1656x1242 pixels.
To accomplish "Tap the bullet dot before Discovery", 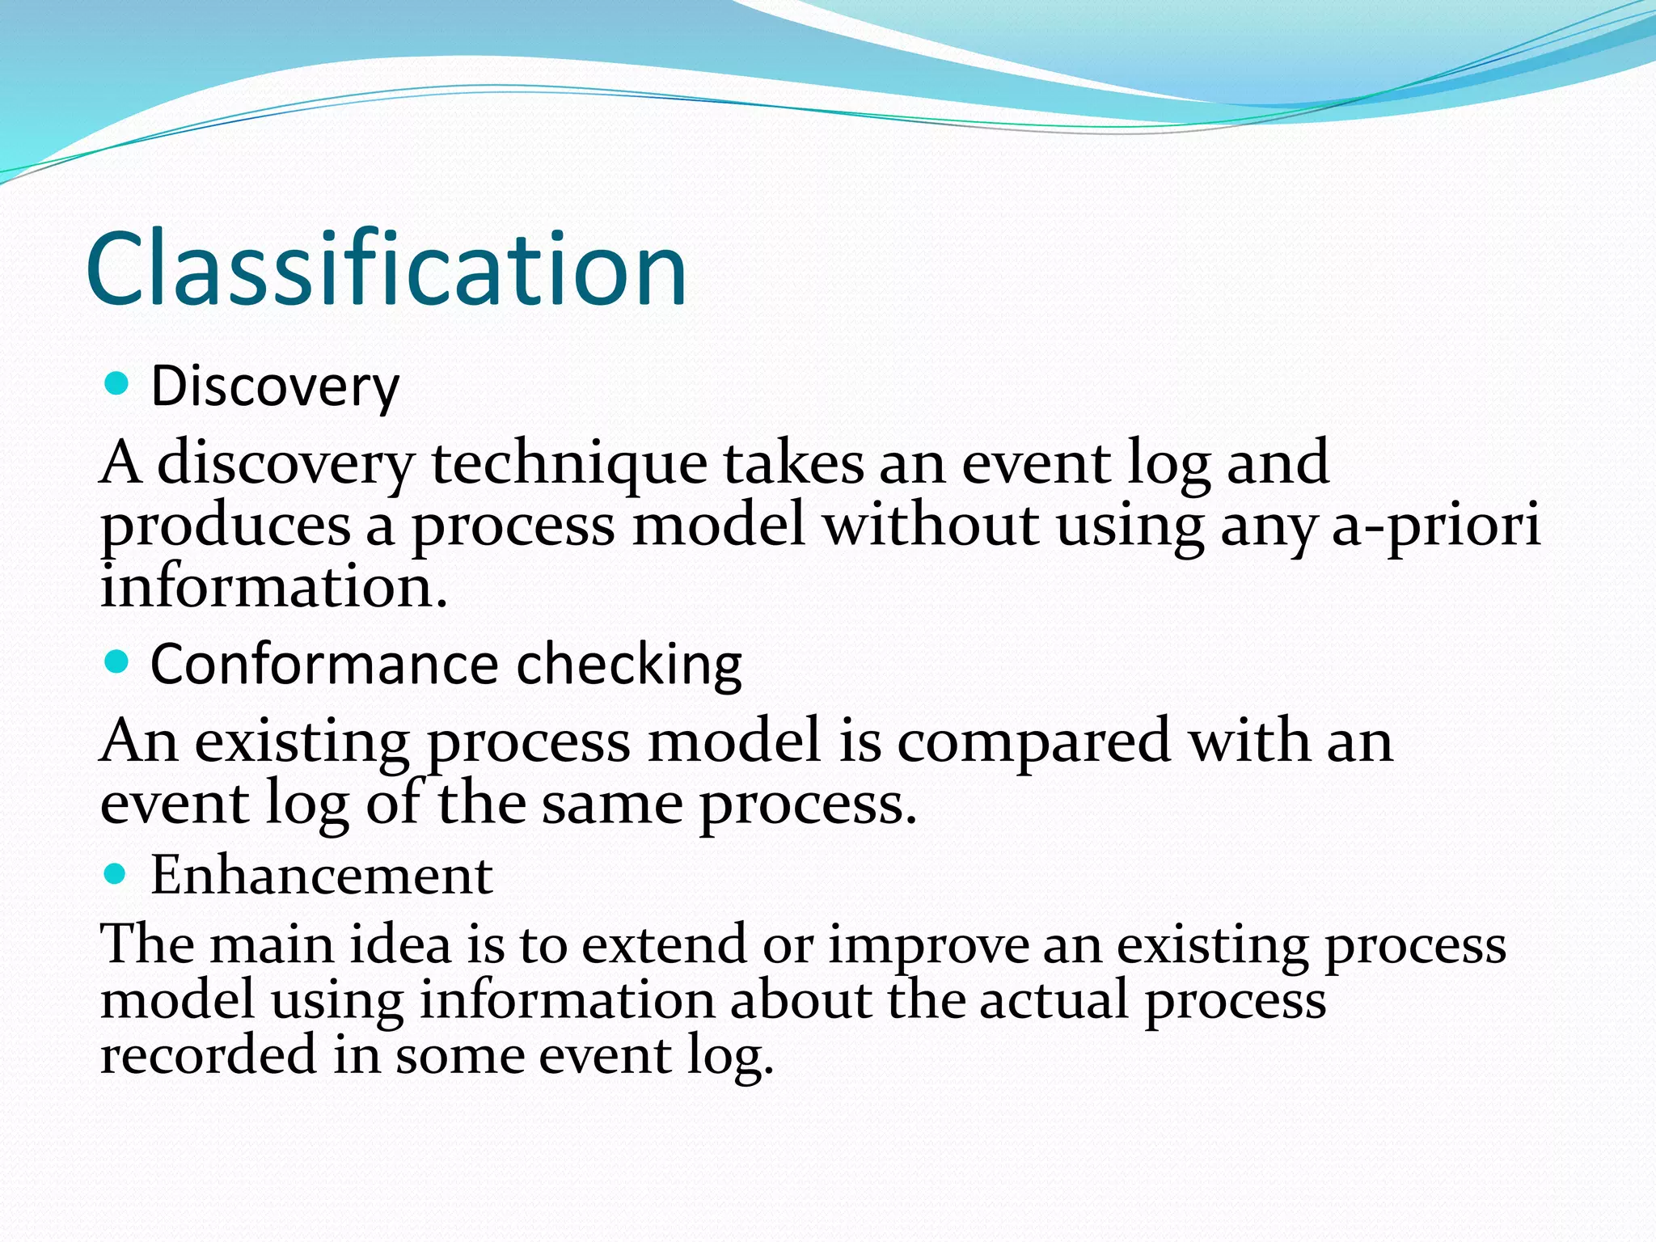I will click(x=117, y=383).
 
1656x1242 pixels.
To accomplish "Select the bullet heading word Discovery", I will click(x=275, y=387).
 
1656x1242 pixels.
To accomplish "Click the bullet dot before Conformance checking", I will click(x=117, y=663).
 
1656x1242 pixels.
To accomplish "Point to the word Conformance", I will click(x=323, y=665).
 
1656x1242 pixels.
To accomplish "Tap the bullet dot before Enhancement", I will click(x=117, y=873).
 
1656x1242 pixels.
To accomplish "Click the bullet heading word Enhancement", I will click(x=322, y=875).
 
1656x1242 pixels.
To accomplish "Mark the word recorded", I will click(x=209, y=1055).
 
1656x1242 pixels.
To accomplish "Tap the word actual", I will click(x=1054, y=1000).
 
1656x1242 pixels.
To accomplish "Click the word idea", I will click(x=400, y=944).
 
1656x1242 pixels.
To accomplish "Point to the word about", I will click(x=801, y=1000).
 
